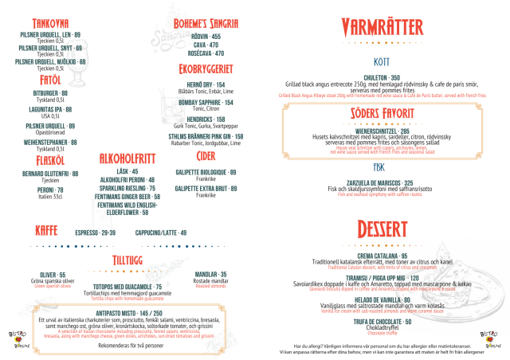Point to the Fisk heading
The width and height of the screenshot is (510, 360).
tap(379, 168)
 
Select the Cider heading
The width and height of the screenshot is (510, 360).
tap(206, 156)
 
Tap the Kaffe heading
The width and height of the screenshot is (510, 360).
tap(45, 229)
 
